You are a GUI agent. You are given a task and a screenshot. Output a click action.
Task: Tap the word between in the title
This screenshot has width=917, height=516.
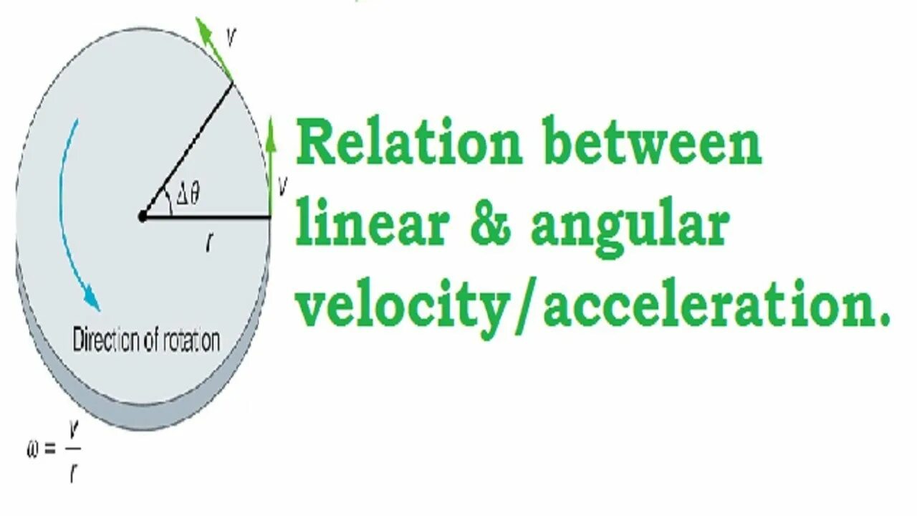click(x=652, y=143)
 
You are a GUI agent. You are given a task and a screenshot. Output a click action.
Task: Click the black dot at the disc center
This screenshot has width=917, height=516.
click(x=142, y=216)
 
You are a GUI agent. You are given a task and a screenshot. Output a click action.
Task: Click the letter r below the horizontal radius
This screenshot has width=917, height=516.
click(x=208, y=244)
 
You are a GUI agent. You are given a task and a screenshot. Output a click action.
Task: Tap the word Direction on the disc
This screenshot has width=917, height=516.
click(x=107, y=340)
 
